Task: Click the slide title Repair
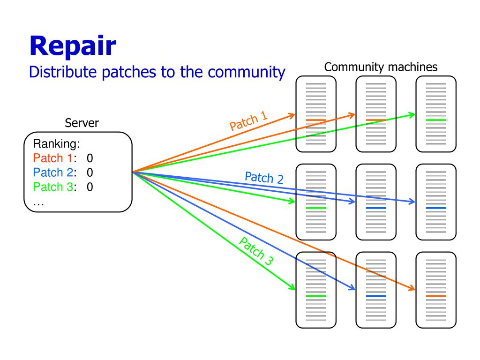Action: point(73,46)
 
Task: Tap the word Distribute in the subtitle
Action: point(63,72)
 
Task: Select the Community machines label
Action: point(381,67)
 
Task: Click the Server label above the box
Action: point(82,123)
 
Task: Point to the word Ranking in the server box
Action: point(56,144)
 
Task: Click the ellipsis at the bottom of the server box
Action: point(38,203)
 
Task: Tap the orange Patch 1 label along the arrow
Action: point(248,121)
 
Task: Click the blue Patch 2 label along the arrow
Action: point(264,178)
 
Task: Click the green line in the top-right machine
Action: point(436,120)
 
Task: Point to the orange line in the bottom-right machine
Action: point(436,296)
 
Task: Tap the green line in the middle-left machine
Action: point(316,208)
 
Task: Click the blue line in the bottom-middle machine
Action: point(376,296)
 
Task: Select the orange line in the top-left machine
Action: point(316,120)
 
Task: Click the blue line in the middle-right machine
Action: point(436,208)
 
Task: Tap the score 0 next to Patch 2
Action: point(90,172)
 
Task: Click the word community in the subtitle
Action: point(247,73)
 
